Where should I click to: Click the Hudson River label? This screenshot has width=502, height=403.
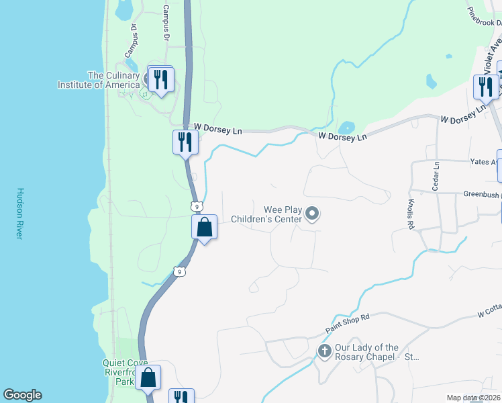[x=20, y=214]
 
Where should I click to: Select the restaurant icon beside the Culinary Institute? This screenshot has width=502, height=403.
[x=160, y=79]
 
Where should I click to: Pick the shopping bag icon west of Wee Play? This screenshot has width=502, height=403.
[x=205, y=228]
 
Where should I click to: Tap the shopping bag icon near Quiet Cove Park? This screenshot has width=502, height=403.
[x=148, y=377]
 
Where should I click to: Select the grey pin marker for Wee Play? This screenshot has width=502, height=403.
[x=311, y=214]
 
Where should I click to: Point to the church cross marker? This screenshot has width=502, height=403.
[x=325, y=351]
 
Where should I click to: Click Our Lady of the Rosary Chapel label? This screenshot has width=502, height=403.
[x=376, y=352]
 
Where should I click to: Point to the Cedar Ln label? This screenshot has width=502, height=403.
[x=435, y=176]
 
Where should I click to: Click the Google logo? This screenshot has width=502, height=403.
[x=22, y=395]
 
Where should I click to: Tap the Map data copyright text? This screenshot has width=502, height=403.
[x=472, y=398]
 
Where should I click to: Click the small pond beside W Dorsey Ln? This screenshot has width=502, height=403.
[x=347, y=128]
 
